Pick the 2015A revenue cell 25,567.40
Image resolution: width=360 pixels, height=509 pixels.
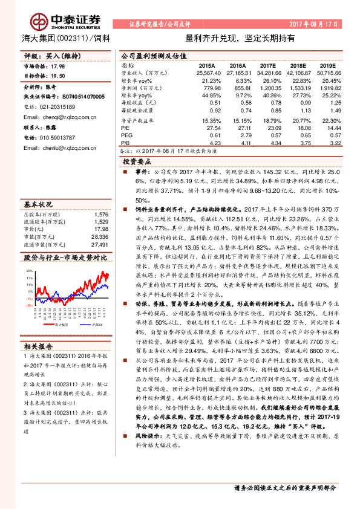point(206,72)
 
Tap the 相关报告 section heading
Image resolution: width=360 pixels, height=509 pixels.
point(38,346)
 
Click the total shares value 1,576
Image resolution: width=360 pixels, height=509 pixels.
point(102,197)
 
